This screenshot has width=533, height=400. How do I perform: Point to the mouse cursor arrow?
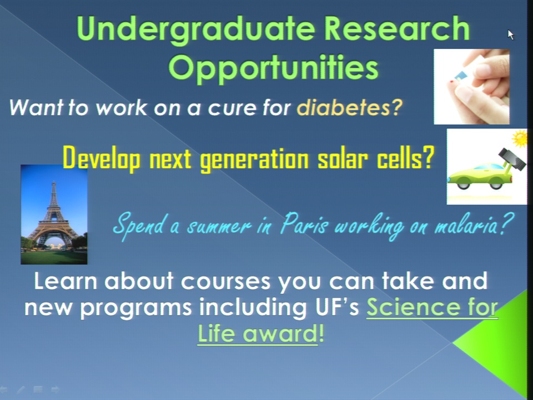tap(511, 34)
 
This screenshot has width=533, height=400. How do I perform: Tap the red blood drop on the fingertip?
tap(451, 82)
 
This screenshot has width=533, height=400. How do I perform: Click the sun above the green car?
tap(520, 138)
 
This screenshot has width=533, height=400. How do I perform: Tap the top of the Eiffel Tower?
tap(53, 183)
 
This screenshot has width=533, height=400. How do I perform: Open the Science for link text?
tap(432, 307)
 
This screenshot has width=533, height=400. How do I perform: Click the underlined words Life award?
tap(257, 333)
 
